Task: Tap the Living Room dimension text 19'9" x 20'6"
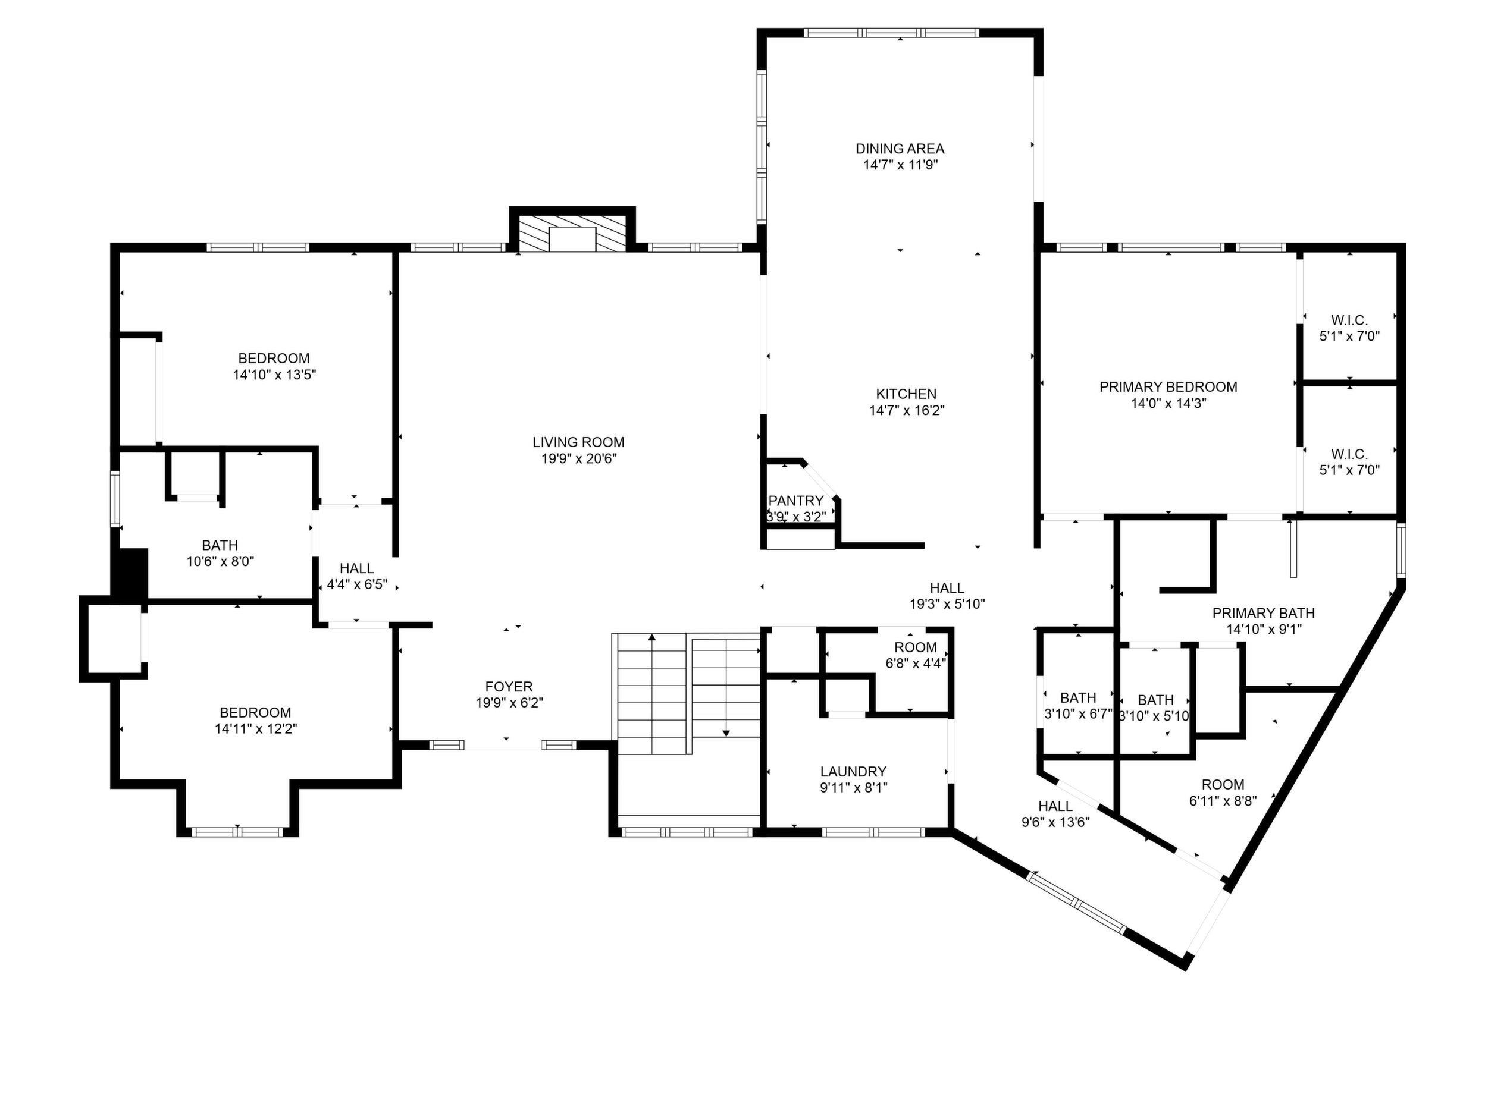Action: (x=579, y=459)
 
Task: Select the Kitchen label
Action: (x=906, y=394)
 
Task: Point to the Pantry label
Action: (x=795, y=501)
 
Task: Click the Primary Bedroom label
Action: (x=1168, y=387)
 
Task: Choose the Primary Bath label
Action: (x=1263, y=613)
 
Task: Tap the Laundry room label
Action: (x=853, y=772)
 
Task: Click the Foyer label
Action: (x=509, y=686)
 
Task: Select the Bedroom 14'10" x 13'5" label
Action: (x=274, y=359)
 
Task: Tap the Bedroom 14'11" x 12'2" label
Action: (x=255, y=712)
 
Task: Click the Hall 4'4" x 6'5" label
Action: (x=356, y=568)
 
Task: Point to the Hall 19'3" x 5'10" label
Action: (x=947, y=589)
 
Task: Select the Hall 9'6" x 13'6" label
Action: (x=1055, y=806)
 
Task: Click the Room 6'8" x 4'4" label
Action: (x=916, y=647)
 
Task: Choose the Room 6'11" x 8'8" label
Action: (x=1223, y=784)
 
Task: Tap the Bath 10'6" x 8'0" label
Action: (x=220, y=545)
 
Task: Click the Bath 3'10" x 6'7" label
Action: (x=1078, y=698)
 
